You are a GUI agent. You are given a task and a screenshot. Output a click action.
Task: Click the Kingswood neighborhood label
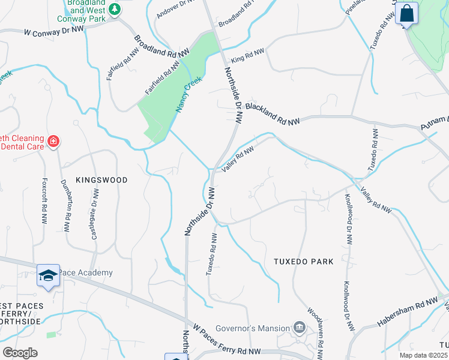(x=101, y=179)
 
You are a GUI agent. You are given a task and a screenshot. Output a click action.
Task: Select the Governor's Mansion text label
(x=256, y=328)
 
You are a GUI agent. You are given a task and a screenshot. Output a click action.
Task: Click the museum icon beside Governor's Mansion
(x=299, y=327)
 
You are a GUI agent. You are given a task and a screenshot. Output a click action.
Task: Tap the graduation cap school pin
(x=47, y=275)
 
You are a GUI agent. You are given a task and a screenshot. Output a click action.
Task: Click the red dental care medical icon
(x=53, y=142)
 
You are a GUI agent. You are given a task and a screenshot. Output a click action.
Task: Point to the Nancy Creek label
(x=188, y=94)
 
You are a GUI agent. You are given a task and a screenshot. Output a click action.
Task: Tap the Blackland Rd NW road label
(x=272, y=112)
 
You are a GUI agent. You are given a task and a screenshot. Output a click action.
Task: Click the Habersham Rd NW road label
(x=408, y=313)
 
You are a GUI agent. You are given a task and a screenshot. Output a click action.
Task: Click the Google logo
(x=20, y=353)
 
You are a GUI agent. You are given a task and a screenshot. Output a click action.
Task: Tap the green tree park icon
(x=113, y=10)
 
